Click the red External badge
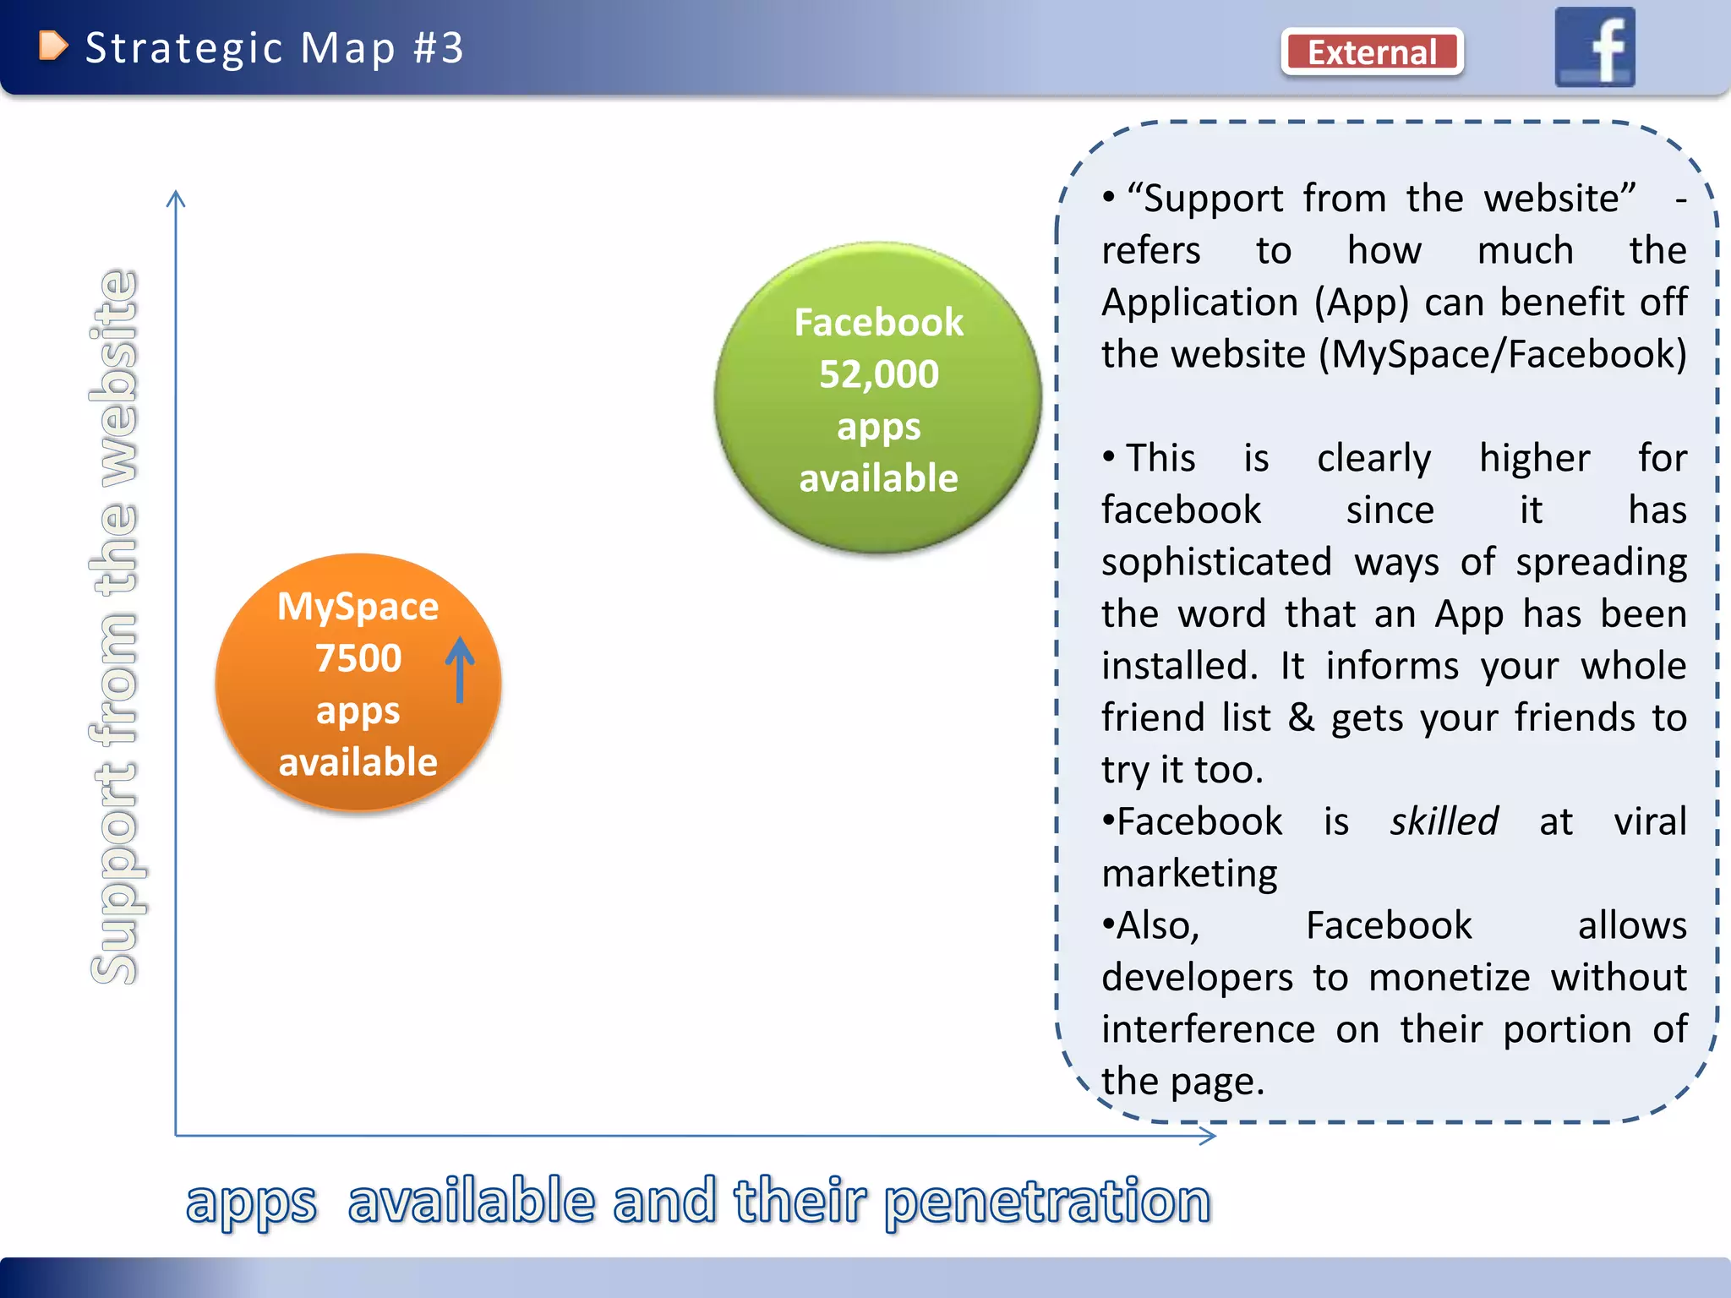tap(1372, 52)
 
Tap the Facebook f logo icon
tap(1594, 47)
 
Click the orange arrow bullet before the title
tap(52, 46)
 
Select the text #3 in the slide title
tap(439, 48)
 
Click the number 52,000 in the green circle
tap(878, 374)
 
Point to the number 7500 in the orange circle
tap(358, 658)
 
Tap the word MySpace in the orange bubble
tap(358, 607)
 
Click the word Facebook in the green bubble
tap(878, 323)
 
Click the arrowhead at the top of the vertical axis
tap(176, 198)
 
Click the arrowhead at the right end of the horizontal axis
tap(1209, 1136)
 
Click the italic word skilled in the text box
tap(1444, 821)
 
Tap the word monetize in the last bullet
tap(1449, 978)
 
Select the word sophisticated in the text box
tap(1216, 563)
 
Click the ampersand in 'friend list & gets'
tap(1301, 717)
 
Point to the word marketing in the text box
tap(1189, 874)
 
